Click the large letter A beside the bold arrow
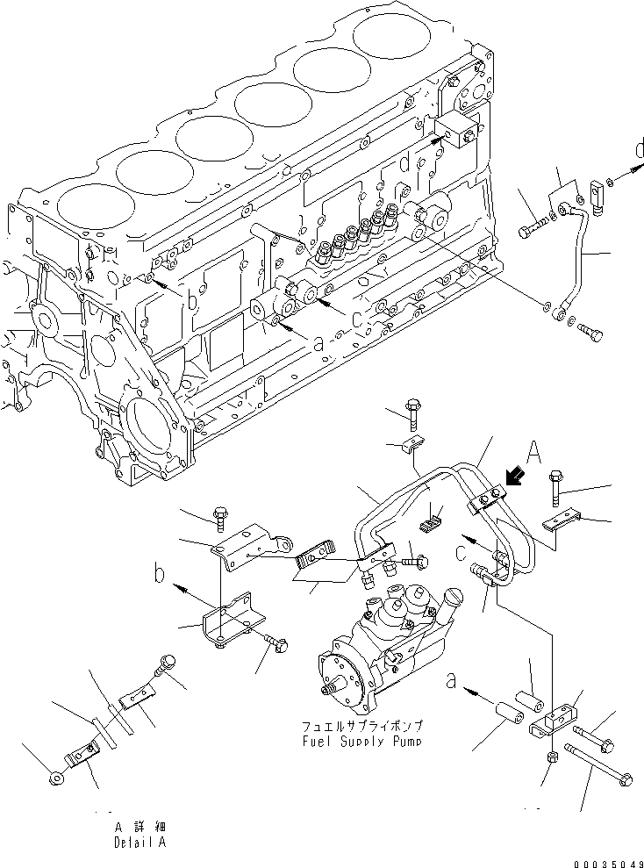533,453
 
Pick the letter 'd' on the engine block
404,163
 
